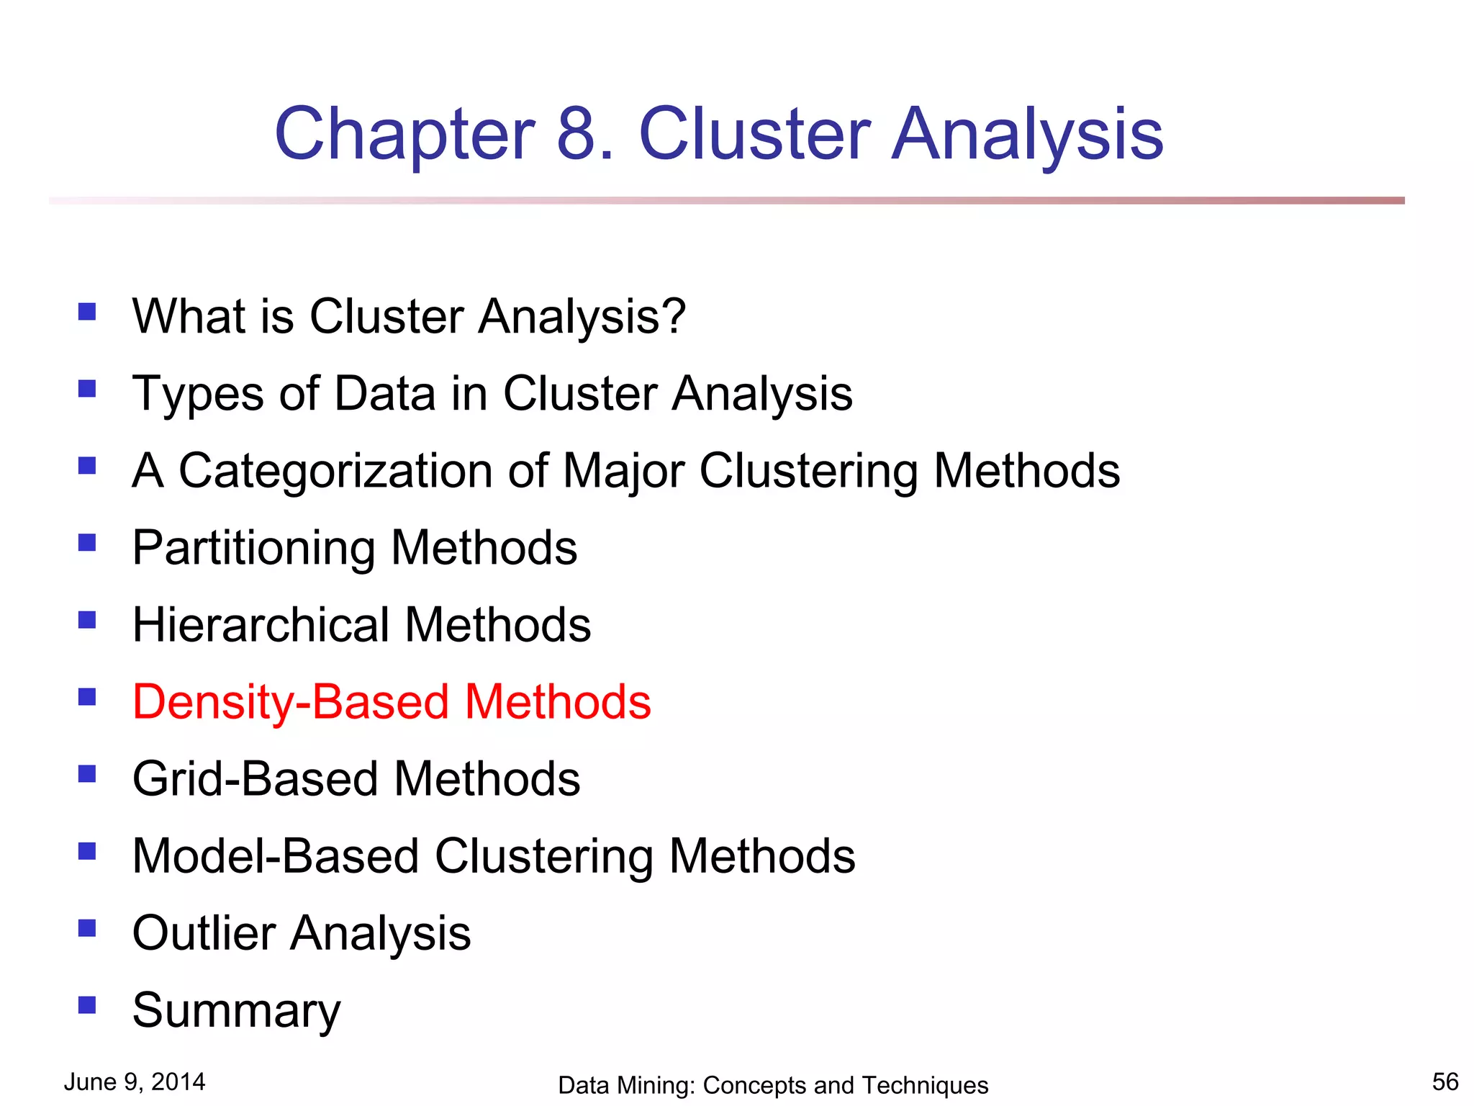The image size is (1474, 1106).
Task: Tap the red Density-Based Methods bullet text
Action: pos(392,702)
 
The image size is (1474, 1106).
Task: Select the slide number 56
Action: pos(1445,1082)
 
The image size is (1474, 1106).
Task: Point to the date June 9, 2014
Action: pos(135,1082)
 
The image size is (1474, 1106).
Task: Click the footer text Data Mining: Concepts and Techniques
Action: pos(773,1084)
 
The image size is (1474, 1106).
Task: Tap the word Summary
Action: pos(236,1011)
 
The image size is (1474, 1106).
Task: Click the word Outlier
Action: pos(204,933)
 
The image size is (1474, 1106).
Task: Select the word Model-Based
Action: pos(276,856)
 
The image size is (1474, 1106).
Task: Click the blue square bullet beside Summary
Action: pos(87,1004)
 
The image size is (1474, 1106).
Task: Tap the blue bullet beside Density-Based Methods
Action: pos(87,696)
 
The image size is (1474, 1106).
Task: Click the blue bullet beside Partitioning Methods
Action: pos(87,542)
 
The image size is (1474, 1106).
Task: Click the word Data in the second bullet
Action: pos(385,394)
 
